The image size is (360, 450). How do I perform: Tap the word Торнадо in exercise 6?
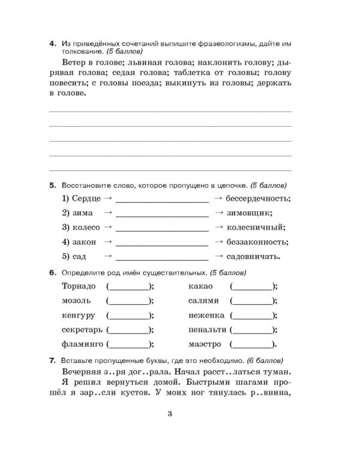79,286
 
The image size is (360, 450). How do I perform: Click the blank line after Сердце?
162,199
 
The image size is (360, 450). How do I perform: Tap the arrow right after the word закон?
109,242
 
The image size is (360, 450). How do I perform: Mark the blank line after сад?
162,258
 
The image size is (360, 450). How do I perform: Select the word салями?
203,301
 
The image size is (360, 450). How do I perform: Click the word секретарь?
82,330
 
